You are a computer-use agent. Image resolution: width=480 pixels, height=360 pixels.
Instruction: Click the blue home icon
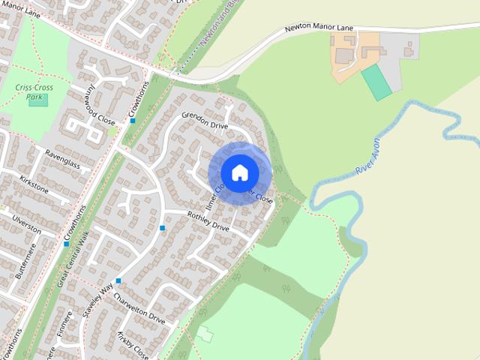click(240, 172)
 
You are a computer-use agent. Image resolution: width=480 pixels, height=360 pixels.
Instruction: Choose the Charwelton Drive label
click(139, 307)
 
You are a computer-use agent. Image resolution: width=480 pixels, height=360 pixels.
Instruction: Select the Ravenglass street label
click(61, 154)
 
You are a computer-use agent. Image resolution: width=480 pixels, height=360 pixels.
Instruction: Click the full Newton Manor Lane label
click(319, 28)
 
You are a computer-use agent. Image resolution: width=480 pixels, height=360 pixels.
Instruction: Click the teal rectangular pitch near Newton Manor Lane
click(377, 82)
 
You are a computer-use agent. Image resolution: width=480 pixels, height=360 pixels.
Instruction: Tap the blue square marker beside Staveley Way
click(118, 281)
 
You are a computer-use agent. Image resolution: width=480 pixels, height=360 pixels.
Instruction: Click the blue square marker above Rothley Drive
click(162, 228)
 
